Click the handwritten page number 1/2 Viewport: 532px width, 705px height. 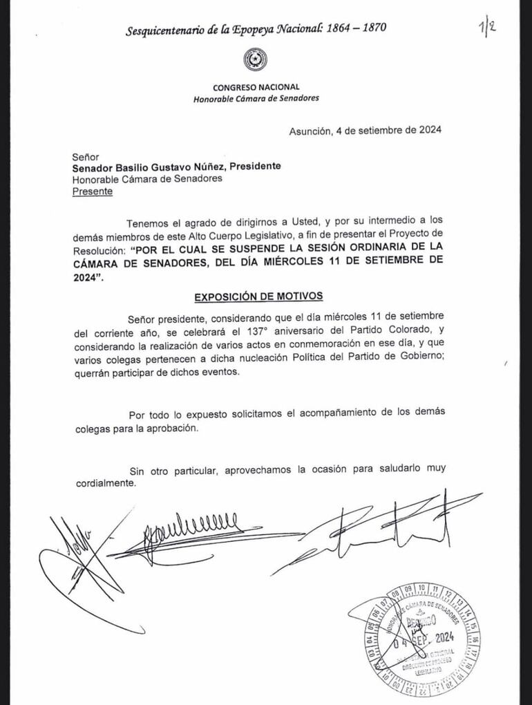[487, 30]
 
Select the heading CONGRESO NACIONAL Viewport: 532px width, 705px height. [256, 87]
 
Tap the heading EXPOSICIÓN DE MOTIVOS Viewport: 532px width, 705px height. [258, 296]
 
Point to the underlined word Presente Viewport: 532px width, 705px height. [93, 191]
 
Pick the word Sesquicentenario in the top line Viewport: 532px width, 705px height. [167, 30]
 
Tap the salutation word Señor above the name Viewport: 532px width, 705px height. [86, 157]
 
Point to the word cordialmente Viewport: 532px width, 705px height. [103, 483]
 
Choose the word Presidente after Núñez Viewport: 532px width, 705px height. [255, 167]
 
